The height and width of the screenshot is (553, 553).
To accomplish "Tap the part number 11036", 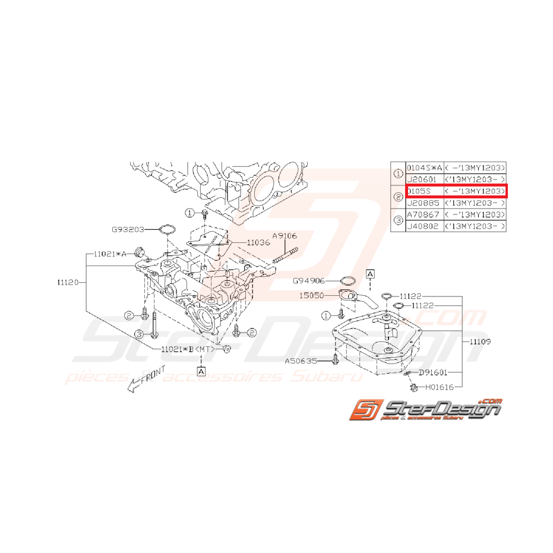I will point(258,242).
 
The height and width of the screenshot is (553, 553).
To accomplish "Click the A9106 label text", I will point(285,236).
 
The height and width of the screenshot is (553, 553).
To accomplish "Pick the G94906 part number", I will point(308,280).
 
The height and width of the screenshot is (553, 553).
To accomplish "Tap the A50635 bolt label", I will point(299,360).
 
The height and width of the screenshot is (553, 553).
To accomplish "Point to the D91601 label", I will point(433,373).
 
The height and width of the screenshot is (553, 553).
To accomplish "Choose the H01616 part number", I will point(440,387).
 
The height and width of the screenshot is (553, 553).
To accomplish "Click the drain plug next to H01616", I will point(410,387).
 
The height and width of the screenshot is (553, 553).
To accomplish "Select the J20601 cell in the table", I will point(424,179).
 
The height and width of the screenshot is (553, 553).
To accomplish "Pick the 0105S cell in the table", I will point(424,191).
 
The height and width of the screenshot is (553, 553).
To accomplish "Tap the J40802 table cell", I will point(424,226).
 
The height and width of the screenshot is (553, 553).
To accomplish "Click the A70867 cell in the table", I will point(424,214).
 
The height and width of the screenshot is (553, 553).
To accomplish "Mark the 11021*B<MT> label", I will point(187,349).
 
